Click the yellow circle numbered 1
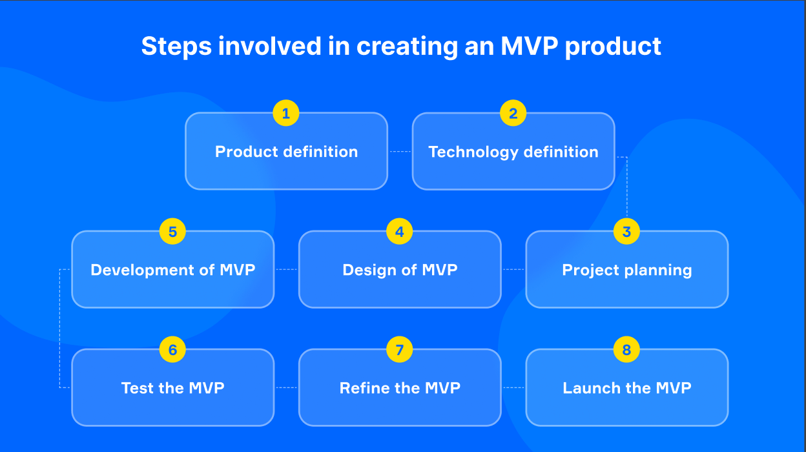point(286,113)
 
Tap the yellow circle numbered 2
point(513,113)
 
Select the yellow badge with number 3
point(626,231)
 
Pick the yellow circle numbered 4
point(400,231)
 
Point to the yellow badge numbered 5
point(172,231)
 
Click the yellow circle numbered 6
point(172,349)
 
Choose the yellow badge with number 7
point(400,349)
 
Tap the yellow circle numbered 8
point(626,349)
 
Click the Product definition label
point(286,152)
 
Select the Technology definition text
point(513,152)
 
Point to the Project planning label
point(626,270)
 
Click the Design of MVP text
point(400,270)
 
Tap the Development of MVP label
point(172,270)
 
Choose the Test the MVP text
point(172,388)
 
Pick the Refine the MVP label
point(400,388)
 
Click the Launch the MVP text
point(626,388)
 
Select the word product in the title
point(613,46)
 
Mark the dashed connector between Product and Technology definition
point(400,152)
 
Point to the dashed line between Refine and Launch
point(513,387)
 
